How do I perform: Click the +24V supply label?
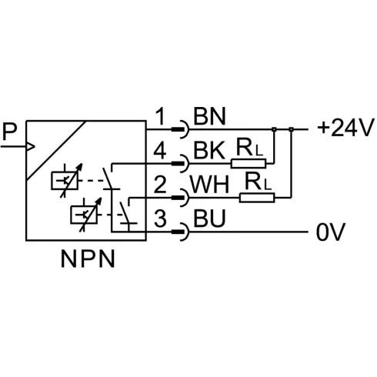click(x=345, y=128)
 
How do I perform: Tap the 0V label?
click(x=331, y=232)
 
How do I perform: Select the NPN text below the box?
click(x=88, y=259)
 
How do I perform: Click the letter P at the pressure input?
click(x=10, y=132)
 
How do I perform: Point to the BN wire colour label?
click(x=209, y=116)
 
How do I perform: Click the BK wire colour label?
click(x=209, y=150)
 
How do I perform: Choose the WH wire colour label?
click(x=209, y=185)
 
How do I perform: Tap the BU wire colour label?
click(x=209, y=219)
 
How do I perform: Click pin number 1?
click(x=161, y=116)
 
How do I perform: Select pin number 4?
click(x=160, y=150)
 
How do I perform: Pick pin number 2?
click(x=160, y=185)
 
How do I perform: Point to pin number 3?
click(x=160, y=219)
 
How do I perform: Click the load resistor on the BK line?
click(x=249, y=164)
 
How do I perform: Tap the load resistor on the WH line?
click(x=257, y=198)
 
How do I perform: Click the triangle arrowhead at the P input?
click(x=31, y=147)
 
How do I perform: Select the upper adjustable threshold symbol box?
click(x=65, y=181)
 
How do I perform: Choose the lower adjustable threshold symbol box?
click(x=84, y=215)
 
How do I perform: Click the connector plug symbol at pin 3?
click(x=180, y=232)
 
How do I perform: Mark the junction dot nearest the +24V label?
click(x=291, y=129)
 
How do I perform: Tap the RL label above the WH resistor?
click(x=258, y=182)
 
